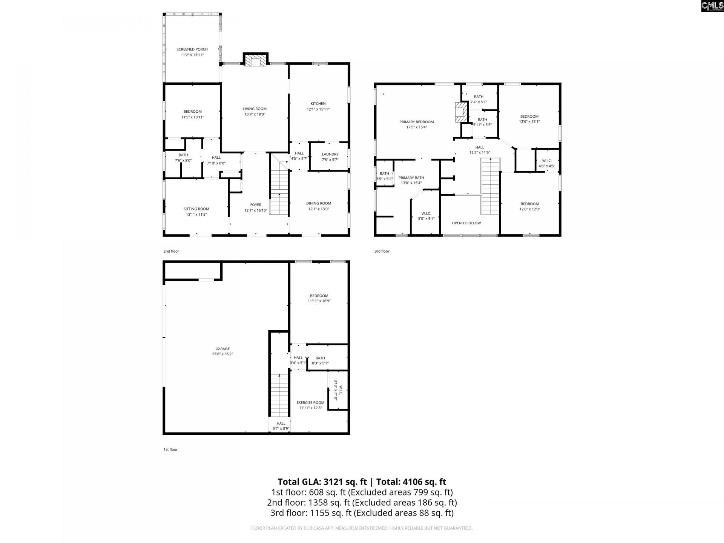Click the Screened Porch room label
pos(192,49)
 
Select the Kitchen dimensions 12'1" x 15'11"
pos(318,109)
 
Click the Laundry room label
pos(330,154)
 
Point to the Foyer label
pos(255,205)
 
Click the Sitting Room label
pos(196,209)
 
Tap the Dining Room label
pos(318,204)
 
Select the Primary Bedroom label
pos(416,122)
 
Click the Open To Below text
pos(466,223)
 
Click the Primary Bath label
pos(411,178)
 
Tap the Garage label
pos(222,349)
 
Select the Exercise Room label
pos(310,403)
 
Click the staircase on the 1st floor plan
pos(279,396)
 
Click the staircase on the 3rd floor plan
pos(490,185)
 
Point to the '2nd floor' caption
pos(171,251)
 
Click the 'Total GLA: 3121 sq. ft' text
pos(322,482)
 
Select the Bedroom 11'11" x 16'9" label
pos(319,296)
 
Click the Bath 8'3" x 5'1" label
pos(320,358)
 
